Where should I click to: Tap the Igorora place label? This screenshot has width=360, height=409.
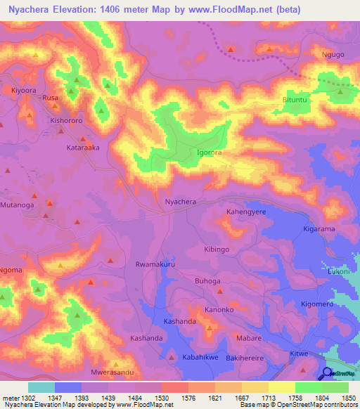[x=210, y=152]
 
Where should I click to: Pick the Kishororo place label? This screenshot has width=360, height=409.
[x=66, y=121]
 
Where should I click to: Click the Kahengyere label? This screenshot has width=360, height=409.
[x=246, y=211]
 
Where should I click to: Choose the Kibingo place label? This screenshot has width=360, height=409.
[x=216, y=249]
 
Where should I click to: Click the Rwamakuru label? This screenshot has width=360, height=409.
[x=154, y=265]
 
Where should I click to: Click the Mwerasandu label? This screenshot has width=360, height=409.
[x=112, y=372]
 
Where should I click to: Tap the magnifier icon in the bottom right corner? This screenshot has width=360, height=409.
[x=327, y=374]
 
